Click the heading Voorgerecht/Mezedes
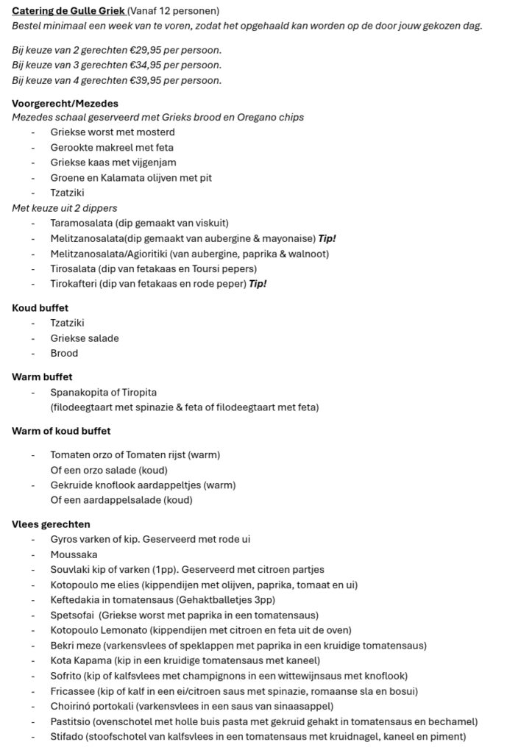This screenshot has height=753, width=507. [65, 103]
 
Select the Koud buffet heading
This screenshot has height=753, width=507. [40, 308]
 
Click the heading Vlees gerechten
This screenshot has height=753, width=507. [51, 524]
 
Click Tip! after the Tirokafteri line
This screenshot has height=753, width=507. [258, 284]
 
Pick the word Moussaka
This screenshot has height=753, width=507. [74, 554]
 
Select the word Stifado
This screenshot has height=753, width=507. [68, 737]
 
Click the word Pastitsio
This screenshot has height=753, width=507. [71, 721]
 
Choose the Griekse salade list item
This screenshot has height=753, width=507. [84, 338]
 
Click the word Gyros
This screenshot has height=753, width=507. [64, 539]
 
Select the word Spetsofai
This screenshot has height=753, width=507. [73, 615]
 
